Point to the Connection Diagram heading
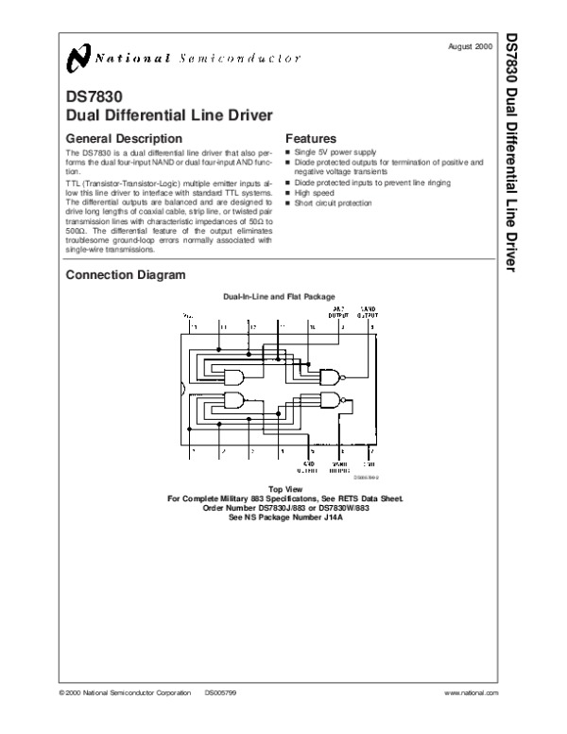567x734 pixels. (125, 275)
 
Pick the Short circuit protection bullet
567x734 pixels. (333, 202)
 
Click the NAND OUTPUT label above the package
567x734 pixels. (369, 311)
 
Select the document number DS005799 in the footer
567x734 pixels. (222, 693)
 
